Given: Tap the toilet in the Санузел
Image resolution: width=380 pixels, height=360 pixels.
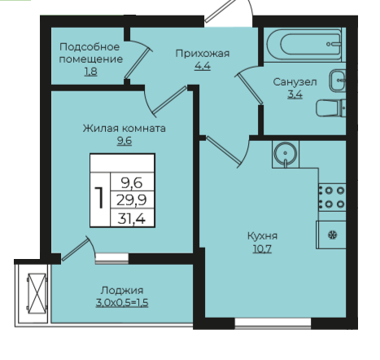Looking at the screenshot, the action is [x=331, y=108].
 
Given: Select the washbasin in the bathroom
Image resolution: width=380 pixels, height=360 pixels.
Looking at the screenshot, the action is [x=338, y=81].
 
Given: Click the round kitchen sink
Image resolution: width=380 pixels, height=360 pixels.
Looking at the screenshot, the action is [x=286, y=154].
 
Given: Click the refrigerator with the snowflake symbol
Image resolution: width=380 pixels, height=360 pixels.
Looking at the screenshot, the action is [x=331, y=235].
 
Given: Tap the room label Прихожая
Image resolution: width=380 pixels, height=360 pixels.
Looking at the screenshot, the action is [x=203, y=54].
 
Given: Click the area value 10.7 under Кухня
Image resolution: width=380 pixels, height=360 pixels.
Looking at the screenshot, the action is [x=262, y=248].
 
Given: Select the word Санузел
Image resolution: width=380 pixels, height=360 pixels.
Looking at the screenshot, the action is [x=295, y=81].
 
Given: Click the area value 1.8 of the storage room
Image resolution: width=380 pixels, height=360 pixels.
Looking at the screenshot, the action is [x=90, y=72].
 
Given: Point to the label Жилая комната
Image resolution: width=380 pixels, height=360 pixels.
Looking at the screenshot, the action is [x=124, y=128].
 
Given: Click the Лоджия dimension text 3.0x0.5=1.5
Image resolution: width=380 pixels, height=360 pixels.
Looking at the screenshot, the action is [x=122, y=303].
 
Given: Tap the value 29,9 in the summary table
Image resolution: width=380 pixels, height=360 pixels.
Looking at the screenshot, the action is [x=132, y=200].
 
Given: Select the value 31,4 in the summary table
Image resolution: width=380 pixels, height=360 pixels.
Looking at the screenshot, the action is [x=132, y=218].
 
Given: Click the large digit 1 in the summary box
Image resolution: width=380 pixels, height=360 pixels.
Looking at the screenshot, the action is [x=100, y=198].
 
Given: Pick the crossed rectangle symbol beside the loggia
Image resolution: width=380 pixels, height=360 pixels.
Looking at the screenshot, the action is [x=37, y=293].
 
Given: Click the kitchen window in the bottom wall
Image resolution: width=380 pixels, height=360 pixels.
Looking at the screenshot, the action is [x=273, y=323].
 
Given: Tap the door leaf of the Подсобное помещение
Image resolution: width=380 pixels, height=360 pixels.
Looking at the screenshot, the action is [x=138, y=63].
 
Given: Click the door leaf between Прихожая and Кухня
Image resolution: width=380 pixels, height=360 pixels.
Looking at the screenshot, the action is [x=223, y=151].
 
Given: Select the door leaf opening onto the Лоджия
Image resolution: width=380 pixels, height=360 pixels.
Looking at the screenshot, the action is [x=75, y=249].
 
